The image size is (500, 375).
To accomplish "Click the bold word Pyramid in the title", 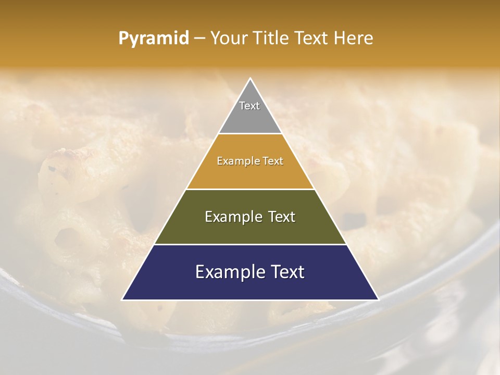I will [x=154, y=38].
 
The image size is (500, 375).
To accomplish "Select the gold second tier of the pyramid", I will [x=250, y=174].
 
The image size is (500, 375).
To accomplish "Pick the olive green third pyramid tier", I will [x=250, y=229].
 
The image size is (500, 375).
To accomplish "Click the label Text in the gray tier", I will [x=249, y=106].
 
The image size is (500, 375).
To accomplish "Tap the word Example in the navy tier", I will [x=230, y=272].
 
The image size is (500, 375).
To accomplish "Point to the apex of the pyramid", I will [x=251, y=79].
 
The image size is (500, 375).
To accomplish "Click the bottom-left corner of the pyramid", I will [x=123, y=299].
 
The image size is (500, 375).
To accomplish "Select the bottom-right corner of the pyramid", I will [x=378, y=299].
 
